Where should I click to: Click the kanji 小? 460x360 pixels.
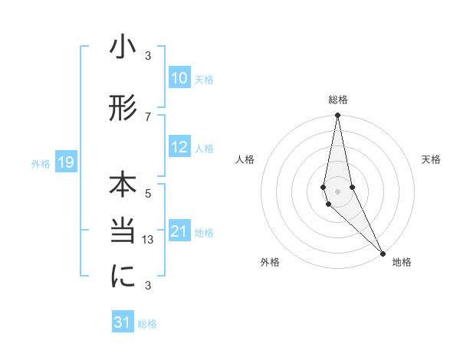click(x=123, y=48)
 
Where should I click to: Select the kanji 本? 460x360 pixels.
click(x=123, y=186)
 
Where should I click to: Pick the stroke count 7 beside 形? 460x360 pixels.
click(x=148, y=116)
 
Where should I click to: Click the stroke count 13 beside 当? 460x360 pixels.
click(x=149, y=239)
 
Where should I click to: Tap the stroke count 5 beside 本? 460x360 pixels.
click(x=148, y=193)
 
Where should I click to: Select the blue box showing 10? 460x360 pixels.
click(x=179, y=78)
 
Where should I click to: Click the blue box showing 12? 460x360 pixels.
click(x=179, y=147)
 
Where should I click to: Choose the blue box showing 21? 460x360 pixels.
click(x=179, y=231)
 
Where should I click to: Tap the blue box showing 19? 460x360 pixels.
click(x=65, y=162)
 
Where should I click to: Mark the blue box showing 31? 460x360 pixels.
click(x=123, y=322)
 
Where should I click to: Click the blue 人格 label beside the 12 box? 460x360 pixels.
click(x=204, y=148)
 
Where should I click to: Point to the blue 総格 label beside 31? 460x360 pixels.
click(x=147, y=323)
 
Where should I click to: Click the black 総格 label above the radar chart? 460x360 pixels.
click(x=338, y=100)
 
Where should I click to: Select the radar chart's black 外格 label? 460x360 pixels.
click(x=270, y=262)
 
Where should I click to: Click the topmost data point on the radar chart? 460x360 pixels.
click(x=337, y=116)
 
